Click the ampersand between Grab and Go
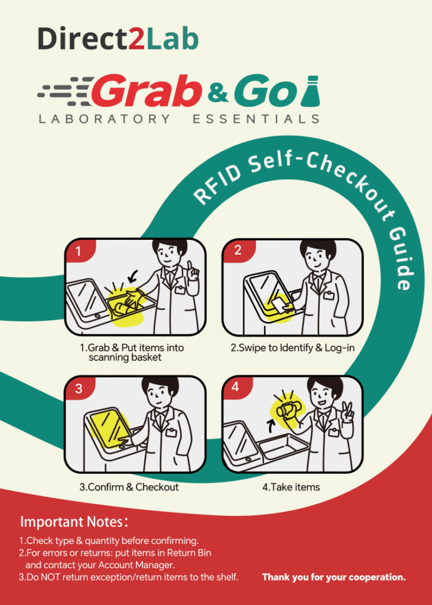point(219,94)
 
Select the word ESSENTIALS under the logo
point(256,119)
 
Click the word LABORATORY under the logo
point(104,119)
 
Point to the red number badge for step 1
point(79,251)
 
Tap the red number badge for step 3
point(79,388)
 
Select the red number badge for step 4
point(236,387)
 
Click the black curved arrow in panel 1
point(133,275)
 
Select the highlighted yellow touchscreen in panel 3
point(111,428)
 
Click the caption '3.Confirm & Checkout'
point(129,487)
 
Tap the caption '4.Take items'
point(291,487)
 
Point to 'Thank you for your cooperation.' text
point(334,577)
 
